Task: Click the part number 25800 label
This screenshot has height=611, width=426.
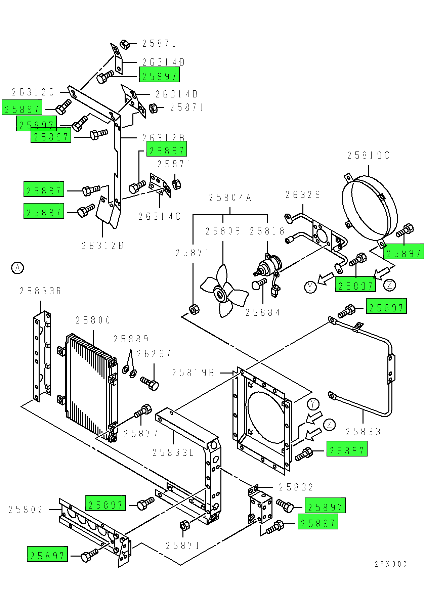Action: pos(93,320)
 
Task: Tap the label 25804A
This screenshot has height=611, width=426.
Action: pos(230,198)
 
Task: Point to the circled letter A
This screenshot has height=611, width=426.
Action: pos(17,268)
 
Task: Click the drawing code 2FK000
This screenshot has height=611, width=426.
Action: pos(391,564)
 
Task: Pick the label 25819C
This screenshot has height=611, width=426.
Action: pos(368,156)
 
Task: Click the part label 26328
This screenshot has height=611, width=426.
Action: pos(303,195)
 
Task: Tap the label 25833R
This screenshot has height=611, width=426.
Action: pos(40,291)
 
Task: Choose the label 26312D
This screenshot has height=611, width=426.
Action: pos(103,246)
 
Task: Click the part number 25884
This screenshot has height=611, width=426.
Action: pos(263,313)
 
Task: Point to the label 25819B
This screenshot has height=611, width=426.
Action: pos(193,373)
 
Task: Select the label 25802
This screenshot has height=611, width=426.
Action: pos(26,510)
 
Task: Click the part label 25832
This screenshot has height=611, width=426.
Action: pos(296,487)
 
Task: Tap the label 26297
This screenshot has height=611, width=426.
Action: pos(154,354)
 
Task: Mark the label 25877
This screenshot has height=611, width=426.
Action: pos(141,434)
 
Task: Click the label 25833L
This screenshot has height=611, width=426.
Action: pos(173,453)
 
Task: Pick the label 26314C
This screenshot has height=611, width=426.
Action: pos(160,217)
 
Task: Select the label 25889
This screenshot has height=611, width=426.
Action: pos(131,339)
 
